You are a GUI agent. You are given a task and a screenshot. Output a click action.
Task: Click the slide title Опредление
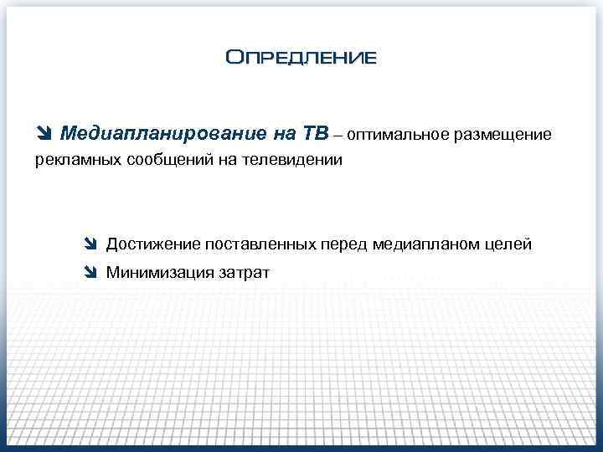pyautogui.click(x=301, y=58)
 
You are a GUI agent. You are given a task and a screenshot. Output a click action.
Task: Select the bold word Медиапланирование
pyautogui.click(x=155, y=134)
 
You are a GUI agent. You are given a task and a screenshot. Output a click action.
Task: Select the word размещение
pyautogui.click(x=502, y=135)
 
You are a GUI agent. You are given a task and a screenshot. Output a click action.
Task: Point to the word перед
pyautogui.click(x=344, y=244)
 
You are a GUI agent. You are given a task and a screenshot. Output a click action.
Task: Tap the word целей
pyautogui.click(x=509, y=244)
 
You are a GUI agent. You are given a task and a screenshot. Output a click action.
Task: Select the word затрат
pyautogui.click(x=244, y=272)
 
